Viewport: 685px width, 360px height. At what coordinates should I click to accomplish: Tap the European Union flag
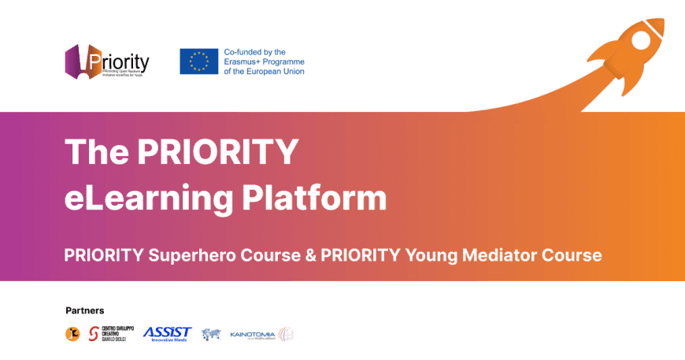click(198, 61)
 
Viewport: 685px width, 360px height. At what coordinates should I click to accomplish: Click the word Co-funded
click(242, 51)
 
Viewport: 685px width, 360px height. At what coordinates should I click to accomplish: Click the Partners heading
click(85, 310)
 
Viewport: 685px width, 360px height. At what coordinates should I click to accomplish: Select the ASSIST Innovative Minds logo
click(167, 334)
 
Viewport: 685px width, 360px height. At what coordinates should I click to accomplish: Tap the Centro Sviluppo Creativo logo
click(111, 334)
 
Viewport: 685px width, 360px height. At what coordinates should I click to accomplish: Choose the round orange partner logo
click(72, 334)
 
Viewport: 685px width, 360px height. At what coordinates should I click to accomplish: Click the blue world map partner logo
click(210, 334)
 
